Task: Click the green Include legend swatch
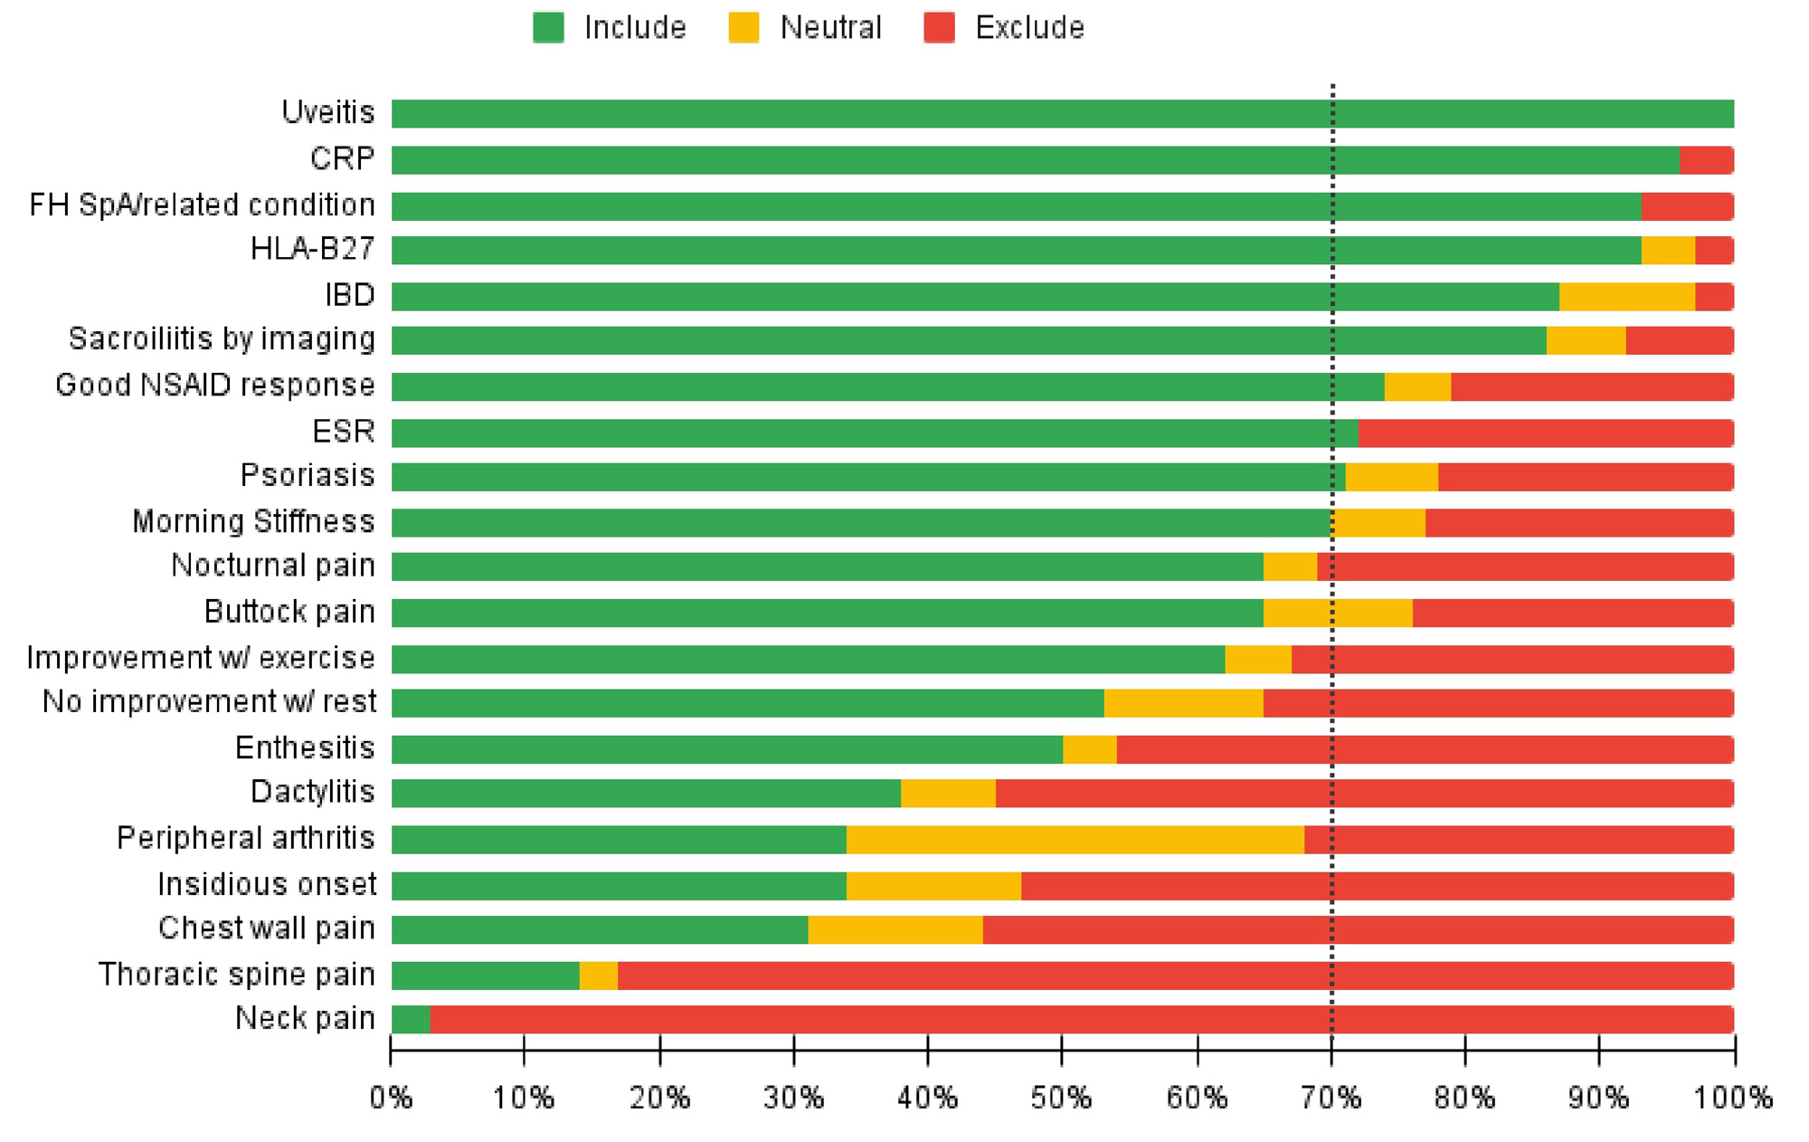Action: (x=548, y=28)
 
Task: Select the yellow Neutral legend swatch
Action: (x=743, y=28)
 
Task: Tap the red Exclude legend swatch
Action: (x=939, y=28)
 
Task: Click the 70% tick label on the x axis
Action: (x=1331, y=1099)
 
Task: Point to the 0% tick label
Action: (x=391, y=1099)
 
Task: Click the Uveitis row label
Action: (x=327, y=113)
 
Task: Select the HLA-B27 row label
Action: (x=312, y=249)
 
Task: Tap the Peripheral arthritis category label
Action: (x=245, y=838)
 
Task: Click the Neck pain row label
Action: (x=305, y=1019)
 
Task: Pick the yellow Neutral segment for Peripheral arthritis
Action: (x=1075, y=840)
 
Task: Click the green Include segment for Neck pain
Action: (x=411, y=1020)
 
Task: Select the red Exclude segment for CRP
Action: (x=1706, y=160)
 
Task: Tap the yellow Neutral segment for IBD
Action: (x=1626, y=296)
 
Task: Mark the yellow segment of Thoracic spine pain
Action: (x=598, y=975)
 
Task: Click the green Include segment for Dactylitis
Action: (x=646, y=794)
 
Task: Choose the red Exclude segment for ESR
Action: (x=1545, y=433)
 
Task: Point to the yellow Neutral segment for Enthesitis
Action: (x=1089, y=749)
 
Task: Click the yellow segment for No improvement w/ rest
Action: (x=1183, y=703)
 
